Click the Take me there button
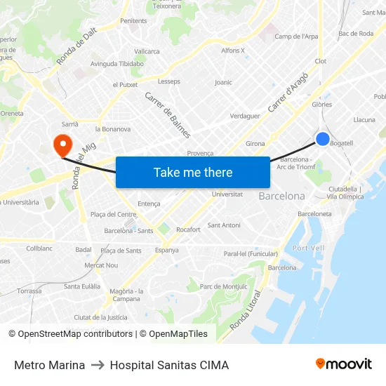[x=193, y=172]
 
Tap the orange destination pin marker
[x=62, y=145]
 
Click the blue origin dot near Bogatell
[x=322, y=139]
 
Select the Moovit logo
[x=344, y=364]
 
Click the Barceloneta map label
[x=314, y=213]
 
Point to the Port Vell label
[x=308, y=248]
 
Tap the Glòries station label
[x=321, y=104]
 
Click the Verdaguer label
[x=245, y=116]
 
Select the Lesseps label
[x=169, y=81]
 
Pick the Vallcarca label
[x=147, y=51]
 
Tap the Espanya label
[x=166, y=250]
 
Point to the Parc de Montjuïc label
[x=223, y=286]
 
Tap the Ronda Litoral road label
[x=249, y=310]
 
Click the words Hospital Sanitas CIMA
[x=169, y=365]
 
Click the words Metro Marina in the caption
[x=49, y=365]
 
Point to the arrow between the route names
[x=98, y=365]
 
